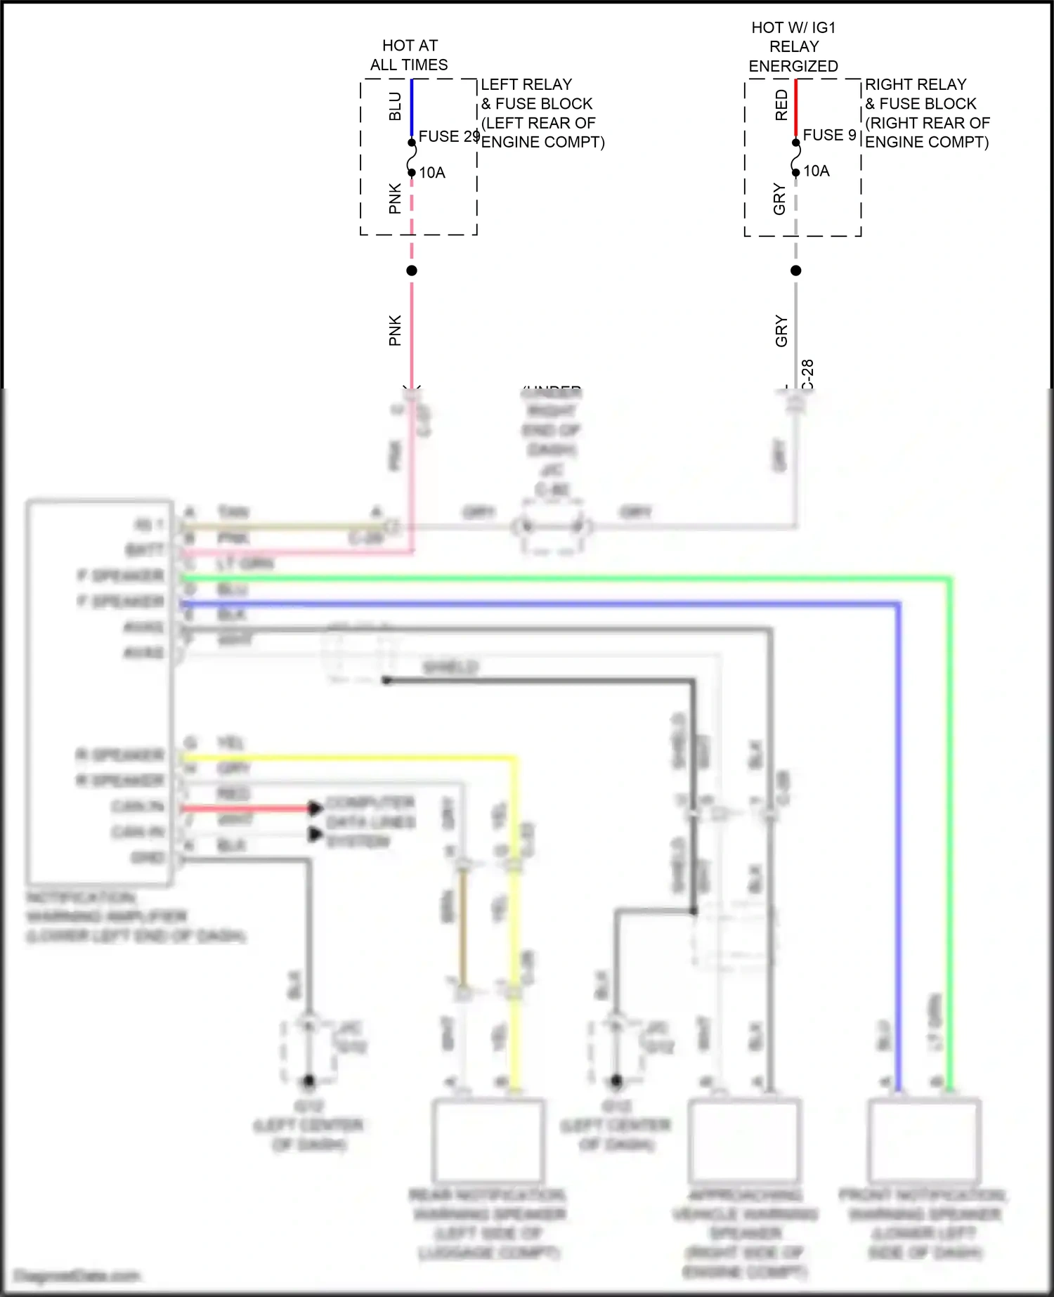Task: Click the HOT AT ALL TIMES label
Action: click(409, 55)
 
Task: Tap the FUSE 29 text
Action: click(448, 136)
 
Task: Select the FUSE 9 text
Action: click(829, 135)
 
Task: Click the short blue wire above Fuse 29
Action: click(412, 109)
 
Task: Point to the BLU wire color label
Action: click(396, 106)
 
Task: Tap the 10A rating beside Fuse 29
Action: click(432, 173)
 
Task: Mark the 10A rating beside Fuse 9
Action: click(816, 171)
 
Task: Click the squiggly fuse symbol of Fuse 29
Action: click(412, 158)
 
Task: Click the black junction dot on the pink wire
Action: click(412, 271)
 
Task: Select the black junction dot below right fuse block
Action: click(795, 271)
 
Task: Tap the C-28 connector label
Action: click(808, 374)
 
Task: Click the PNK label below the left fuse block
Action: click(395, 330)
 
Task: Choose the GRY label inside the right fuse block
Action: click(779, 199)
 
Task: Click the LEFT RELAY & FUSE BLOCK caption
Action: click(542, 113)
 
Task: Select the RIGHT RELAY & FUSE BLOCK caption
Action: click(926, 113)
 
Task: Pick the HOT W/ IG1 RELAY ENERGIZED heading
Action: click(793, 46)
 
